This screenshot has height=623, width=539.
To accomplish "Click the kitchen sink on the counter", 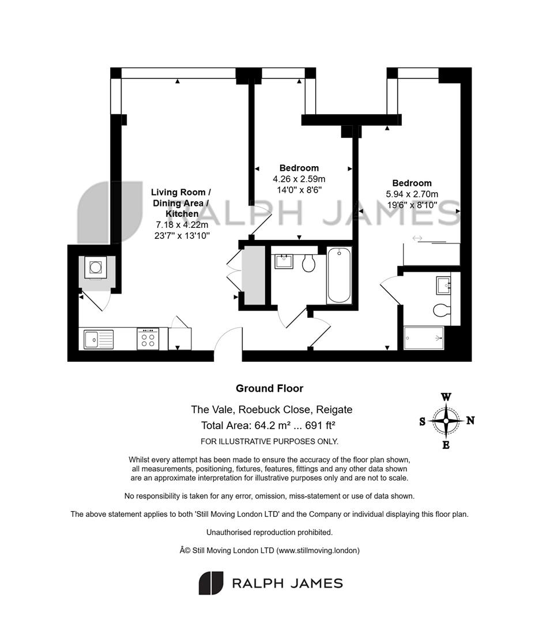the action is point(99,339).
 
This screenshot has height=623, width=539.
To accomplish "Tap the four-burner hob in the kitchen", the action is point(148,339).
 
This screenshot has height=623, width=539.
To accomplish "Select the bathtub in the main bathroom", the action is point(339,275).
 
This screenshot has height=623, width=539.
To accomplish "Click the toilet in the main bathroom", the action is point(308,263).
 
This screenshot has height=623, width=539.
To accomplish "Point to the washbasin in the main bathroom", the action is point(284,261).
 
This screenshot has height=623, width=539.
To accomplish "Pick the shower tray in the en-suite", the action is point(424,338).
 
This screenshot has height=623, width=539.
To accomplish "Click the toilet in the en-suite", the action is point(442,310).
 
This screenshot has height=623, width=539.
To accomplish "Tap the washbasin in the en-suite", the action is point(443,286).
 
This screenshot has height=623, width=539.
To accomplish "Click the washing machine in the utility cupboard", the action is point(95,267).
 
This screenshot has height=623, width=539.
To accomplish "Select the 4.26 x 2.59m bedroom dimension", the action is point(299,179).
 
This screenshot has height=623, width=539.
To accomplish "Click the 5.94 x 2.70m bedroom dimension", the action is point(412,194).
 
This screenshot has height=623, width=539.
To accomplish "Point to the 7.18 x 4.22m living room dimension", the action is point(182,224).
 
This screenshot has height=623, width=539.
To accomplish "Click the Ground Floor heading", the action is point(270,388).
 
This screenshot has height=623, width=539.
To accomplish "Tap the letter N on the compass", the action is point(470,421).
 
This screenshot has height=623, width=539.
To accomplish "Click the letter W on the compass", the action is point(446,397).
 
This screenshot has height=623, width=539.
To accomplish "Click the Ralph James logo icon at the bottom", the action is point(211,583).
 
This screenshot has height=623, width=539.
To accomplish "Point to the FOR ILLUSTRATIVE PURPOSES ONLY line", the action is point(269,441).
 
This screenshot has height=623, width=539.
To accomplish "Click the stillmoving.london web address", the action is point(318,551).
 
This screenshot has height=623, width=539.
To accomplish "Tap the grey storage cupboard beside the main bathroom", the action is point(254,275).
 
